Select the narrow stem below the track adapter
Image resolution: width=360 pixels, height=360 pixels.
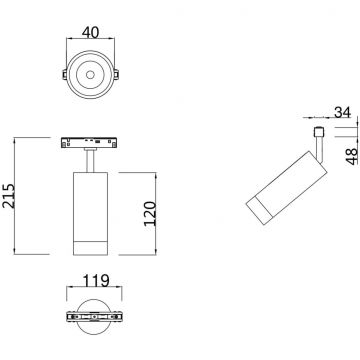tap(91, 159)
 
